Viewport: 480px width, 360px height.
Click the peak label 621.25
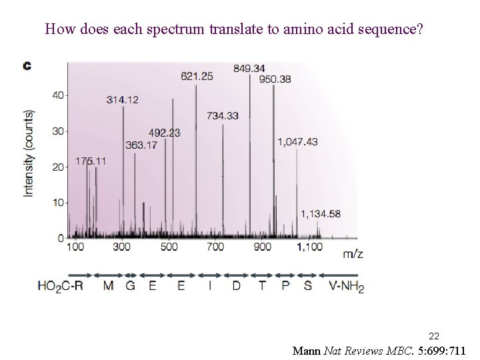coord(197,77)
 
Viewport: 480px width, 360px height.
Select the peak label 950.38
coord(275,79)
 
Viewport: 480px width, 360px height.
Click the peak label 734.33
coord(223,115)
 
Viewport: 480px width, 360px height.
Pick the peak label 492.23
coord(164,133)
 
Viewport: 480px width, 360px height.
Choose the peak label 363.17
coord(141,144)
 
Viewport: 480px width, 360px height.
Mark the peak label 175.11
coord(91,161)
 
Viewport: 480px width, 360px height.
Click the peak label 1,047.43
coord(298,141)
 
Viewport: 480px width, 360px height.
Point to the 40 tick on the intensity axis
coord(58,95)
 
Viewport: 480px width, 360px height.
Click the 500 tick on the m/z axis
coord(169,247)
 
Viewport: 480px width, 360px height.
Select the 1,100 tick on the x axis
coord(309,247)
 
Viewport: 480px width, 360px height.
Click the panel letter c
coord(28,65)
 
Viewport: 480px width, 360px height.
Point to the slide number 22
coord(433,335)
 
